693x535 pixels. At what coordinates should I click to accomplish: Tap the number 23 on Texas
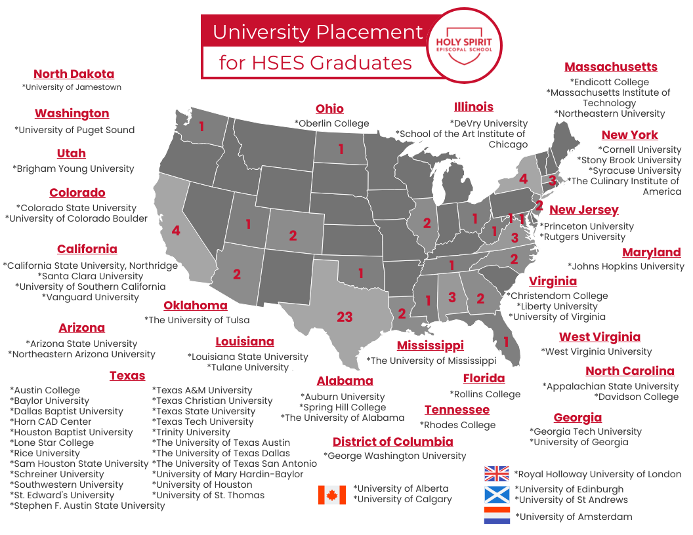click(x=345, y=317)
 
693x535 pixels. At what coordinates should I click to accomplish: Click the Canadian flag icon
click(x=332, y=494)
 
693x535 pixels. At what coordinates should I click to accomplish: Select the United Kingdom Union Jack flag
click(x=497, y=473)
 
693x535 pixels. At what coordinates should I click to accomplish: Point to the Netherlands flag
click(x=497, y=515)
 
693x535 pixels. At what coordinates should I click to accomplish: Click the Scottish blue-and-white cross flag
click(x=497, y=494)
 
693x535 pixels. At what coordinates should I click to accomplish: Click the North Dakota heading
click(x=74, y=74)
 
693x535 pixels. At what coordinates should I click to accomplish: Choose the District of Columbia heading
click(x=392, y=441)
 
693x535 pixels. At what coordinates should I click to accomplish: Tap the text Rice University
click(x=45, y=453)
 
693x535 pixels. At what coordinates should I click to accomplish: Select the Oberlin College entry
click(x=331, y=123)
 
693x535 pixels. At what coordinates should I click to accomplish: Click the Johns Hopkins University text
click(x=626, y=266)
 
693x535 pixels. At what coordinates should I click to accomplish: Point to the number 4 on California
click(x=176, y=230)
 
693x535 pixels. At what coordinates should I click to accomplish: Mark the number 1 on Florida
click(x=506, y=342)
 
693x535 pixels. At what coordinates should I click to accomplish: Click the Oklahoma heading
click(x=196, y=306)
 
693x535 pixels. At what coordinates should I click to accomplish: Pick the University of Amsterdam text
click(x=574, y=517)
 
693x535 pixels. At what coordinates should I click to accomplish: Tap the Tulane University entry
click(x=247, y=367)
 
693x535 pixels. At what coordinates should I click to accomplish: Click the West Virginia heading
click(x=600, y=337)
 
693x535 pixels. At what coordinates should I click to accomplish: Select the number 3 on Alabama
click(x=451, y=297)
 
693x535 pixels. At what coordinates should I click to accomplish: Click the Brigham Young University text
click(x=73, y=168)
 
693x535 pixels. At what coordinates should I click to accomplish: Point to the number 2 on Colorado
click(x=293, y=235)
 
